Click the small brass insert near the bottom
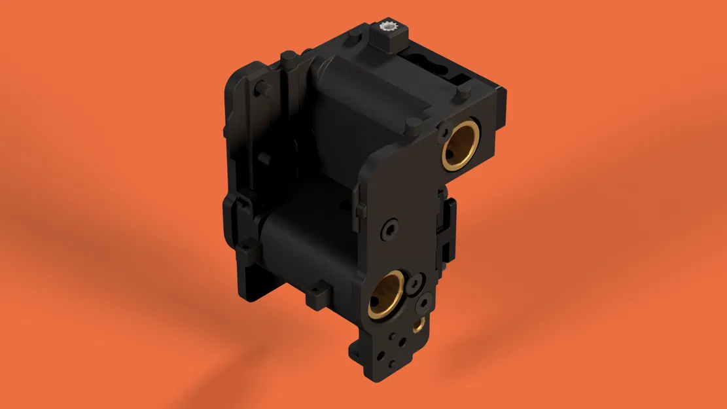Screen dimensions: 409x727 (x=418, y=324)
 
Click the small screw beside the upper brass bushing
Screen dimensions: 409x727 (x=446, y=126)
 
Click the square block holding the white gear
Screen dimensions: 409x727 (x=391, y=41)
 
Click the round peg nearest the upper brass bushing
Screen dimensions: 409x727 (x=412, y=124)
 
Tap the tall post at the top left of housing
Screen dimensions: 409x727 (x=287, y=62)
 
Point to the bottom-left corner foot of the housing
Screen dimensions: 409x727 (x=247, y=291)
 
